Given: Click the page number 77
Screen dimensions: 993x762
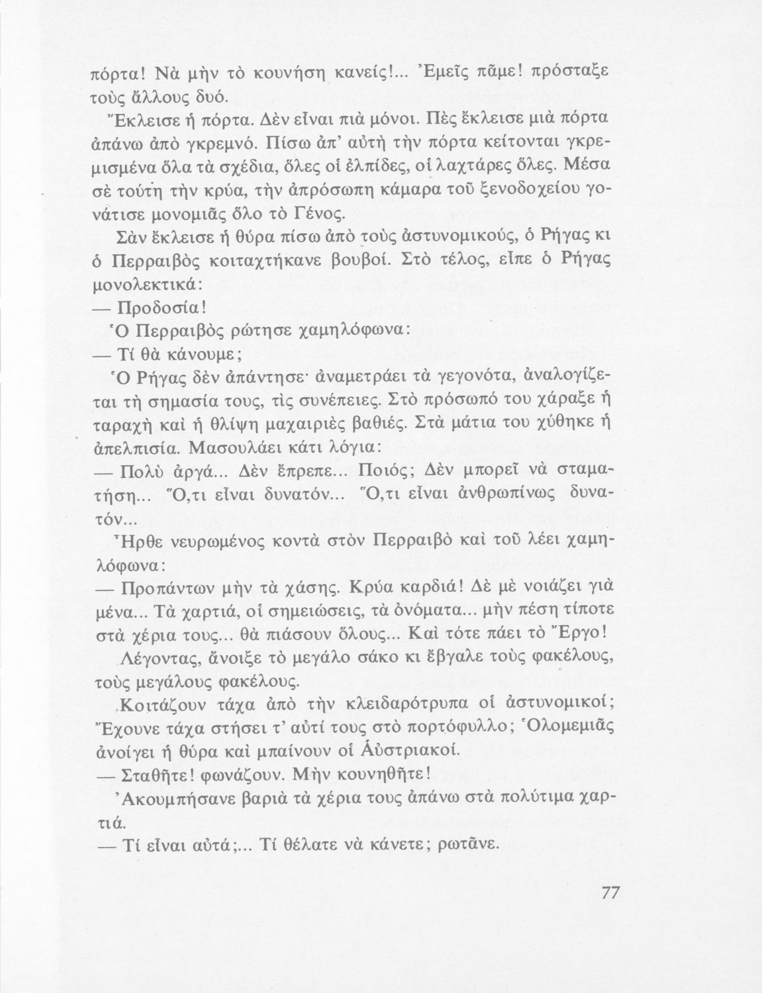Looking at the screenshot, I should [610, 892].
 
